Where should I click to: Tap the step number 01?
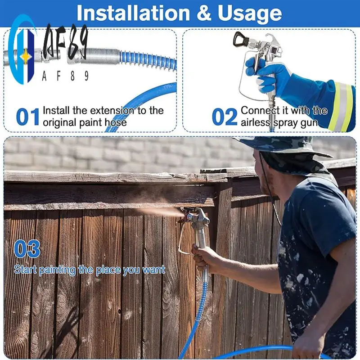(x=28, y=117)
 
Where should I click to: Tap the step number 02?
(x=225, y=117)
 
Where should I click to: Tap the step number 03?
(x=27, y=249)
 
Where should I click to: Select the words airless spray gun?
(x=279, y=122)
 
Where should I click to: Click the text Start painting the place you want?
(x=89, y=270)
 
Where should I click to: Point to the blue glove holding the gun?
(x=265, y=74)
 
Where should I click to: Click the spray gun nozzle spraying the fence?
(x=184, y=215)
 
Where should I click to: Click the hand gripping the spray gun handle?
(x=205, y=256)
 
